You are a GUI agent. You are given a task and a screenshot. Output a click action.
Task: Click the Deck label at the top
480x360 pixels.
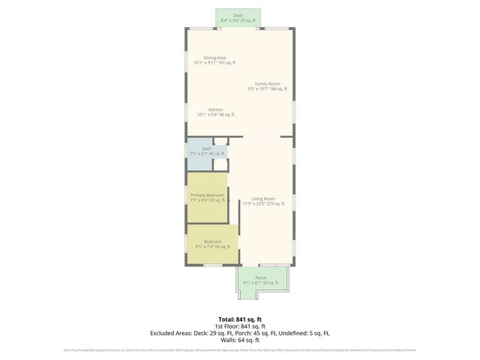(x=238, y=15)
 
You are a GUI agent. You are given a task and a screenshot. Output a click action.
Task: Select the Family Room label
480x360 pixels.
(x=267, y=84)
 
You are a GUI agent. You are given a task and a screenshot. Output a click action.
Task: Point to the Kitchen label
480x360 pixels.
(x=215, y=109)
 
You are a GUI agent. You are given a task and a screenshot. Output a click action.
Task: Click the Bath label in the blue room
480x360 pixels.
(x=206, y=148)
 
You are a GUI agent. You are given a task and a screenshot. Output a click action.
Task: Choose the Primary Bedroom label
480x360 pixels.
(x=207, y=195)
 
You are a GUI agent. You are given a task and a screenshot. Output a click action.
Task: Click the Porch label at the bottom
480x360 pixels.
(x=260, y=277)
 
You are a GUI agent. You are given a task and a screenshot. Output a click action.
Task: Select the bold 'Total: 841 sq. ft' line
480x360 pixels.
(x=240, y=319)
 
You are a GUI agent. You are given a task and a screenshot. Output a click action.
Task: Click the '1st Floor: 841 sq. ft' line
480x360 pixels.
(x=240, y=326)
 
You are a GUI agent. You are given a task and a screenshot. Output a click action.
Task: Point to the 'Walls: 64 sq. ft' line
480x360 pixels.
(x=240, y=340)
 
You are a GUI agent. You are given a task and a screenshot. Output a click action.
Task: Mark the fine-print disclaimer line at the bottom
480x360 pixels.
(x=240, y=349)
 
